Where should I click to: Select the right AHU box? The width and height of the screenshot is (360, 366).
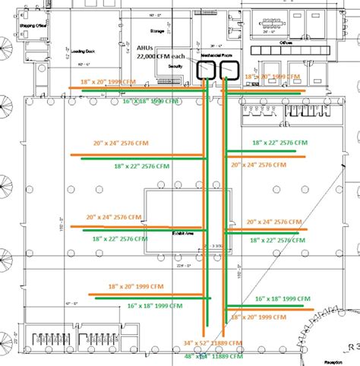pos(229,71)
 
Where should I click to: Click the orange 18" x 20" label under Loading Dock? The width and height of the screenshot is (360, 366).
pos(109,80)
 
